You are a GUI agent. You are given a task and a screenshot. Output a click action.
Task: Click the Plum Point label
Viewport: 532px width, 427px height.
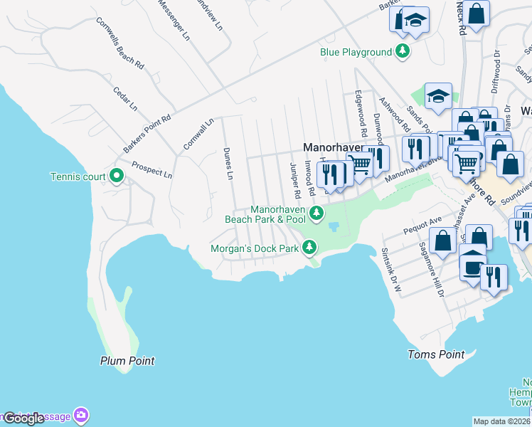point(127,361)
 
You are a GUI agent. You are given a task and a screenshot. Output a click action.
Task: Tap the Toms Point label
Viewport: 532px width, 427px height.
point(436,354)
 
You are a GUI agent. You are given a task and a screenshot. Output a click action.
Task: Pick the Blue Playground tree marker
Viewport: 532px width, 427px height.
point(403,51)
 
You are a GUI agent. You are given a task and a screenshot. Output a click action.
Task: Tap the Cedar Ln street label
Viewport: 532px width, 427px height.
point(124,99)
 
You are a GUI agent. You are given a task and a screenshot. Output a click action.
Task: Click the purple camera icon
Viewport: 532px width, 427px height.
point(82,414)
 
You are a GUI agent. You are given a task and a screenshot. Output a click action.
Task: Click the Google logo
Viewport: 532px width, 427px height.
point(24,418)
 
